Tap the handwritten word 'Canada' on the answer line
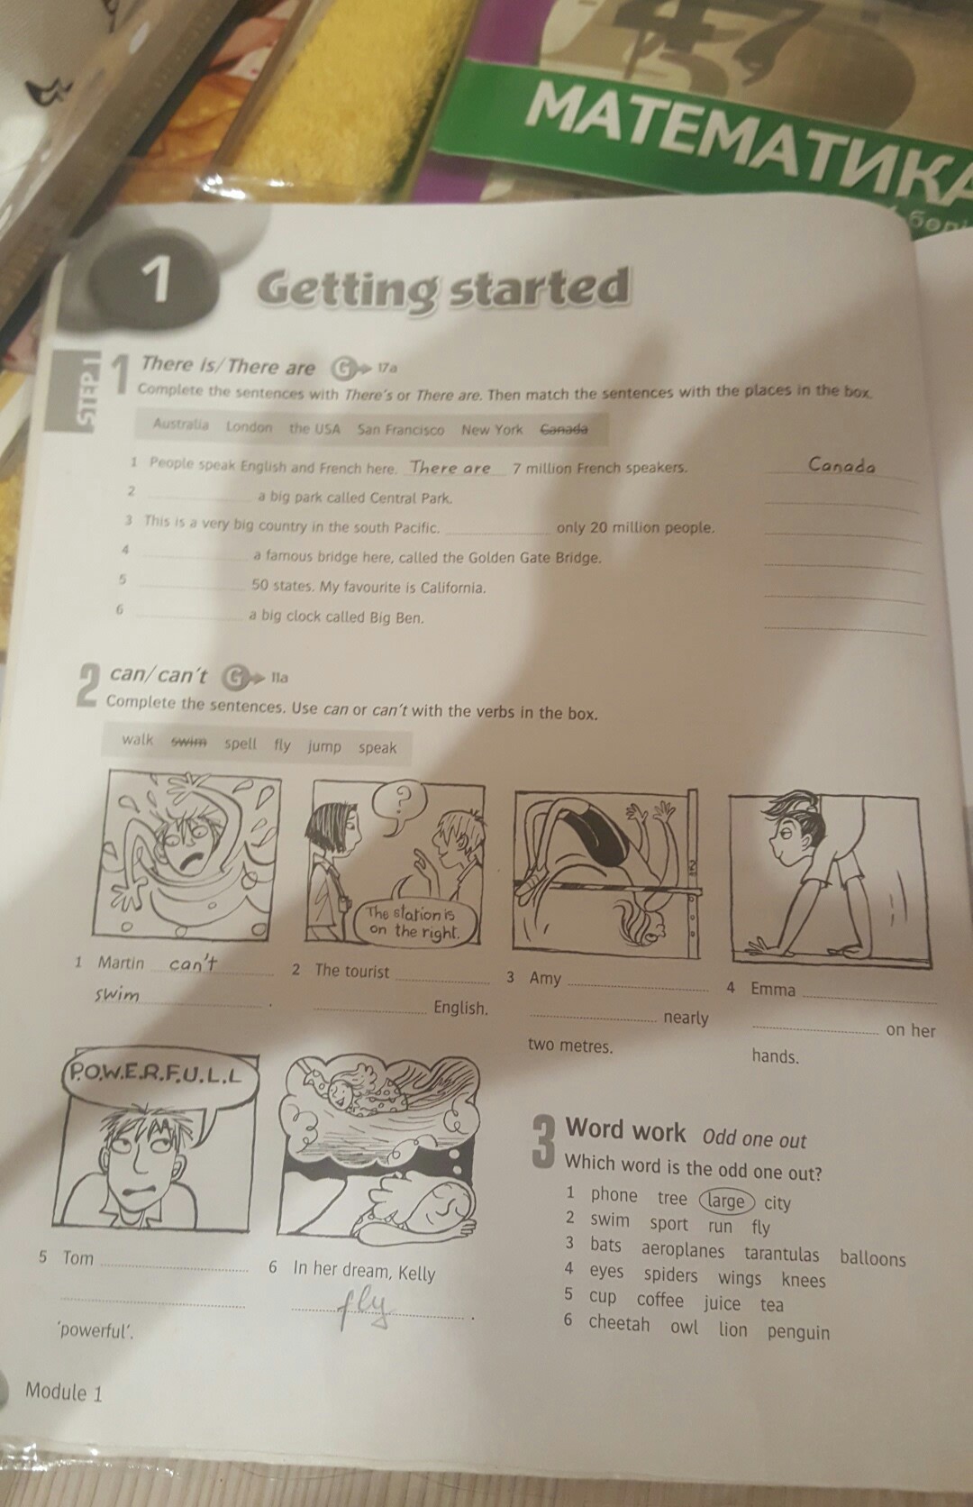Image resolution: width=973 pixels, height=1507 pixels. pos(841,465)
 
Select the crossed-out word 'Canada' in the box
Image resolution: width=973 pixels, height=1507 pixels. pos(564,429)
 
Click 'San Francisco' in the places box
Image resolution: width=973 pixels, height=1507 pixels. pos(401,429)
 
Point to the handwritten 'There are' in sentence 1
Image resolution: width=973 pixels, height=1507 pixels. pos(450,468)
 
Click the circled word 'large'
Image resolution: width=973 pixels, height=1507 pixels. pos(727,1201)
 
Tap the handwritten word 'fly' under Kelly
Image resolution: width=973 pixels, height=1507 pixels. pos(365,1310)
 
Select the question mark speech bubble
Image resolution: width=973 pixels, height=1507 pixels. pos(402,805)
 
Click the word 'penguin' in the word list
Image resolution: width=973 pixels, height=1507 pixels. pos(798,1331)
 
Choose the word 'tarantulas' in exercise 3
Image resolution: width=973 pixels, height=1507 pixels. pos(781,1254)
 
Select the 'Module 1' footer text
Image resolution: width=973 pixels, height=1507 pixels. pos(64,1391)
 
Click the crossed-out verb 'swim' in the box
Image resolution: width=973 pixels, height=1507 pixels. pos(189,742)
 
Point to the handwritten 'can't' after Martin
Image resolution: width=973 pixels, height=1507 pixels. pos(193,964)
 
